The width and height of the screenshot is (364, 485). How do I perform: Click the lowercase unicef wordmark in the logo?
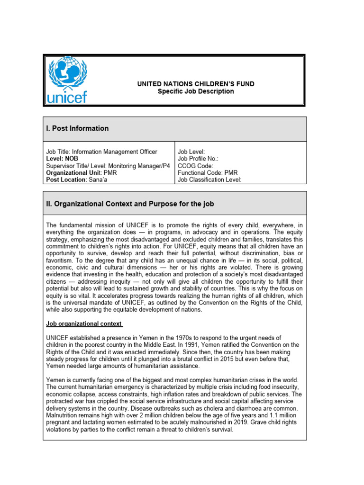[x=67, y=97]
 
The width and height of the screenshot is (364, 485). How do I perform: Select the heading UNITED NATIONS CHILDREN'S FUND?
[x=196, y=84]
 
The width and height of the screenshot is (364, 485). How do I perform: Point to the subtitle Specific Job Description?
[x=196, y=91]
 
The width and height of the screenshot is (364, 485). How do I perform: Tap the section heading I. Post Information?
[x=77, y=128]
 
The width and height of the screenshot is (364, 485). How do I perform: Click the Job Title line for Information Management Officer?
[x=101, y=152]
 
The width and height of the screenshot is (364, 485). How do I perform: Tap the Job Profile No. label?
[x=199, y=159]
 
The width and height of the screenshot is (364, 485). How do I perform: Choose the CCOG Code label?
[x=195, y=166]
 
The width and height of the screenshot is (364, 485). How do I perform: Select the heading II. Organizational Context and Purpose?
[x=130, y=204]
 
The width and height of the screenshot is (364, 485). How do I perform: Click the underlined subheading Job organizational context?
[x=84, y=324]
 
